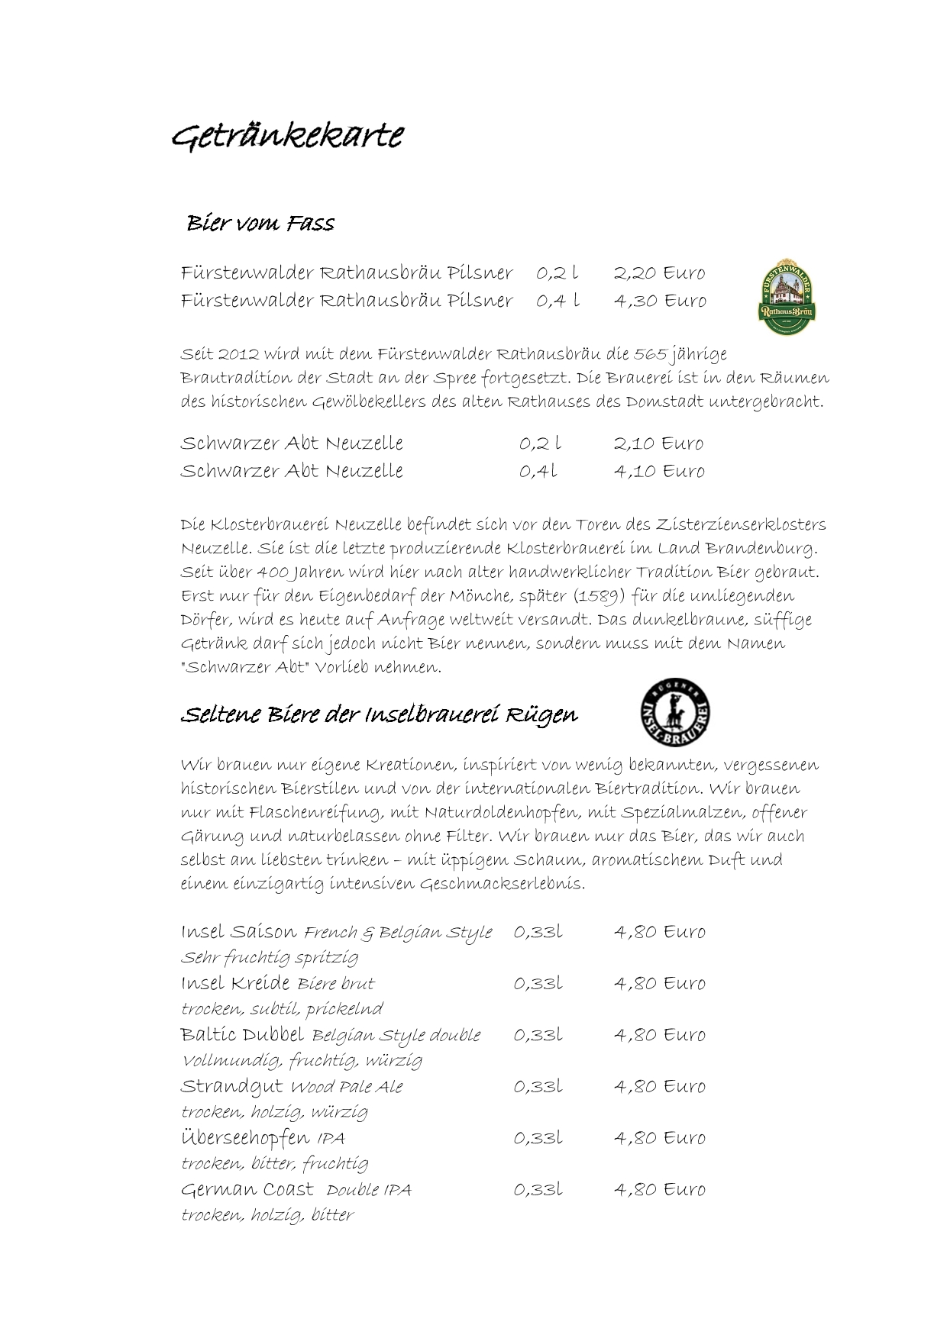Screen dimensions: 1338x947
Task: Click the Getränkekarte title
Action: (287, 137)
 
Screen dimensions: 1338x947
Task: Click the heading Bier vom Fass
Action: (260, 223)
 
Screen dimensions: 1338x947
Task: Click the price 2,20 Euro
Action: (659, 272)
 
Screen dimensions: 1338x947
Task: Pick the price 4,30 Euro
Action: (659, 301)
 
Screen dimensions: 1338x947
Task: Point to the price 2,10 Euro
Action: (658, 443)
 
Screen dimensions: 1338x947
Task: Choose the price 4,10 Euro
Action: (658, 471)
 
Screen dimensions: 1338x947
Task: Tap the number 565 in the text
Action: (650, 354)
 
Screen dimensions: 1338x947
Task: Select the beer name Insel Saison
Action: (239, 932)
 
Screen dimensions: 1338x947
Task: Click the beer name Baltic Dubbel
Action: (242, 1035)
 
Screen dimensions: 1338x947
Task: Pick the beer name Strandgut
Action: (231, 1086)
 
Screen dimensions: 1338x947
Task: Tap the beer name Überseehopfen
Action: (244, 1137)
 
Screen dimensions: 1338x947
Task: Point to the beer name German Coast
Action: (247, 1189)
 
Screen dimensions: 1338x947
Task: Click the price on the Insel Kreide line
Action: (659, 983)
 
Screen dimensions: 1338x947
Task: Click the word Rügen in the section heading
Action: (545, 715)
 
